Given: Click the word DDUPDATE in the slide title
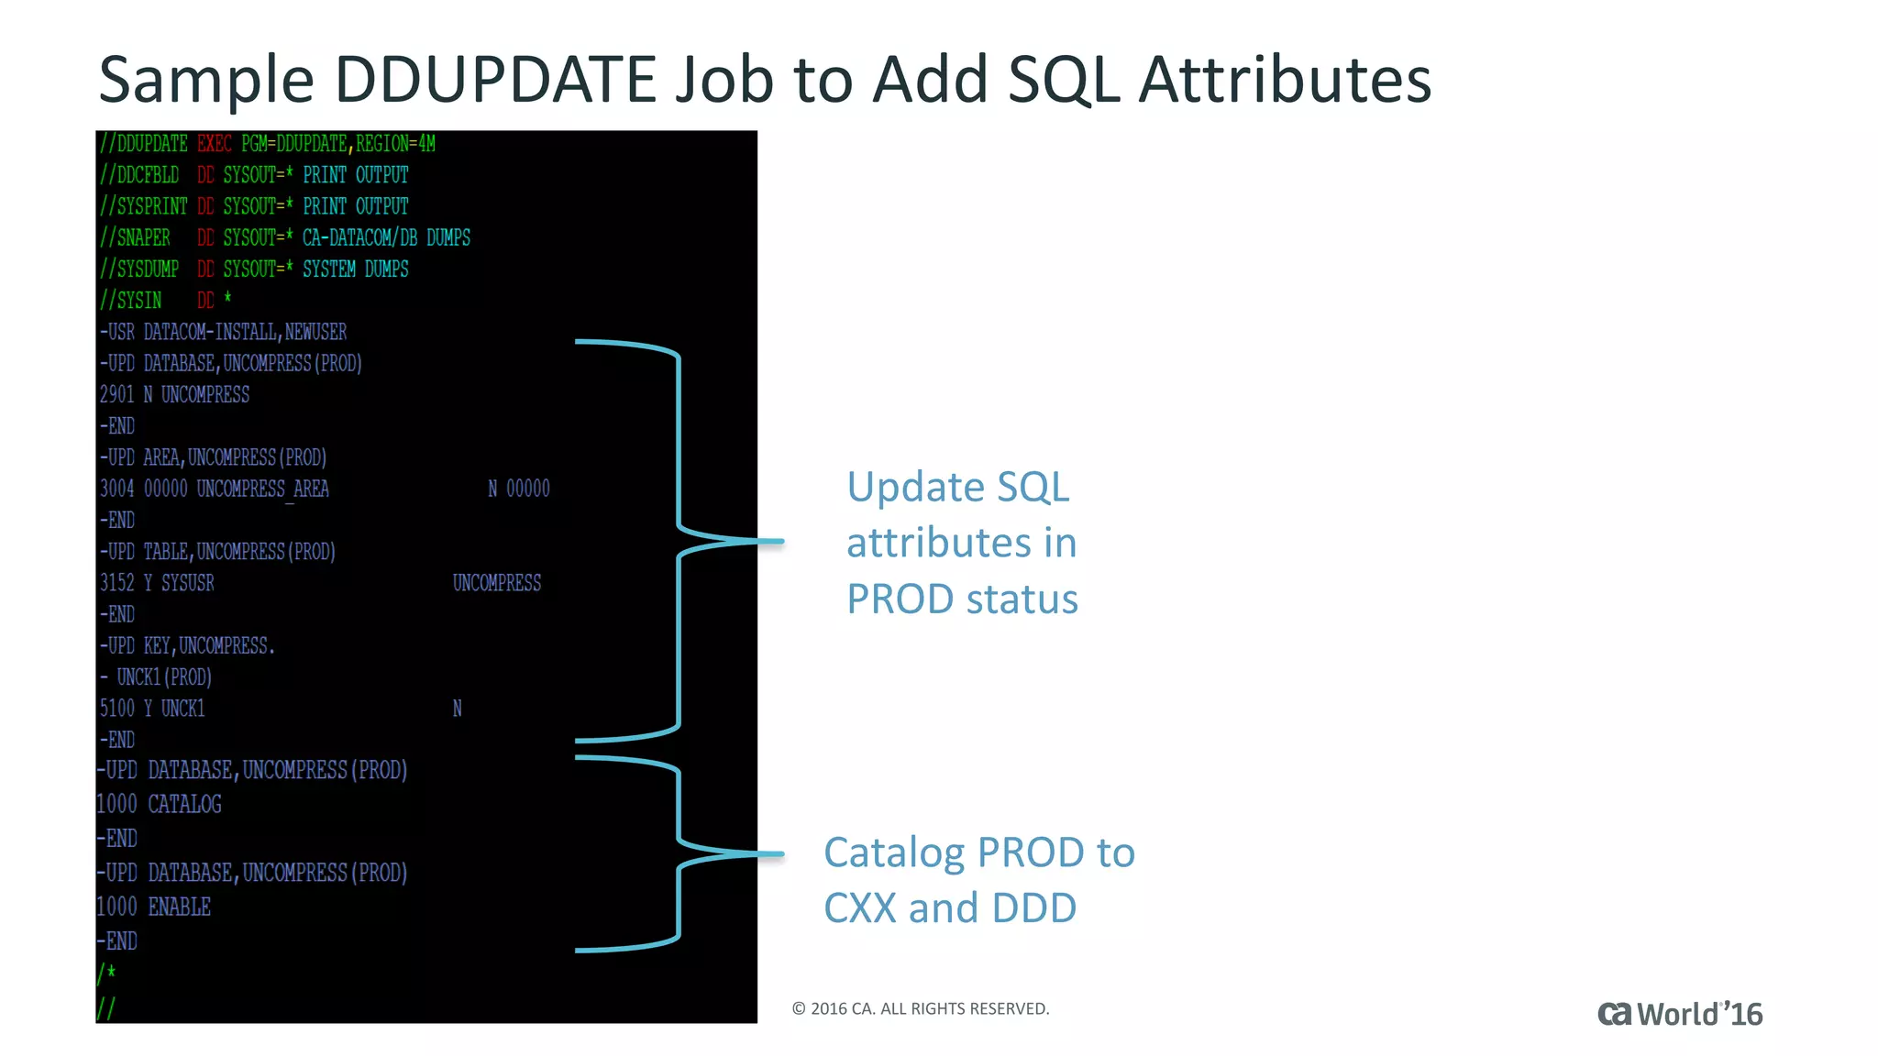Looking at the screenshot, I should pos(495,80).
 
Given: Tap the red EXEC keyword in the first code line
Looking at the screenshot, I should pos(215,144).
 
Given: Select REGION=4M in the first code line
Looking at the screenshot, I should pos(395,144).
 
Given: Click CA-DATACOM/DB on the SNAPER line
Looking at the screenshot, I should pos(359,238).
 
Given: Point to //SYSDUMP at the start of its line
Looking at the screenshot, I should pos(139,269).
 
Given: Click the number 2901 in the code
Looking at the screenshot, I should pos(116,395).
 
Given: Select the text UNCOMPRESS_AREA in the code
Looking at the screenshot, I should pos(262,489).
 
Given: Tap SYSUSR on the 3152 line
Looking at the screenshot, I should pos(187,584).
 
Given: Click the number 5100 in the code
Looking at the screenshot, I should pos(116,709).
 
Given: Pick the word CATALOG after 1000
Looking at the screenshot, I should pos(184,805).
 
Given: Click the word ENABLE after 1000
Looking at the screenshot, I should pos(179,907).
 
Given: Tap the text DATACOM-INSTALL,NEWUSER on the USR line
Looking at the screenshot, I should pos(245,332).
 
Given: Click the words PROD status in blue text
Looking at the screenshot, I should pos(961,599).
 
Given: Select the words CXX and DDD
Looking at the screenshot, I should pos(949,908).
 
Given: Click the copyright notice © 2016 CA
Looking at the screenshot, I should pos(920,1009).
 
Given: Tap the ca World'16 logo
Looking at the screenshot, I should pos(1679,1014).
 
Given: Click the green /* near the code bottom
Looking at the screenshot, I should pos(106,973).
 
